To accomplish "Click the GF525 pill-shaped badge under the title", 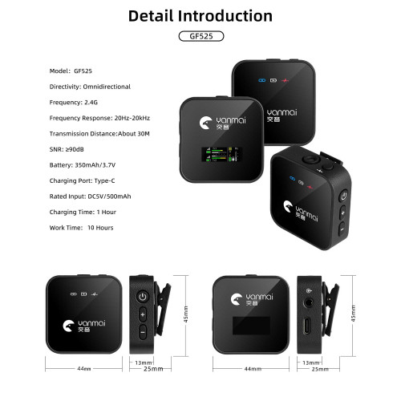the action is coord(201,36).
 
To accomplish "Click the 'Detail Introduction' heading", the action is coord(200,16).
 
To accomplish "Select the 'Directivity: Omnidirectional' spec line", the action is coord(90,87).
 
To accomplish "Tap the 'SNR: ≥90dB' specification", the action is coord(67,149).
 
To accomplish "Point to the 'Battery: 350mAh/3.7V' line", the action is coord(83,165).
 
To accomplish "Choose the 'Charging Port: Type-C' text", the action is coord(82,180).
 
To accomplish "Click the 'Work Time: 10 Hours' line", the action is coord(81,228).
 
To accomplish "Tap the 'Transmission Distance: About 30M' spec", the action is coord(99,134).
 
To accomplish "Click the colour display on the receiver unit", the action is coord(221,155).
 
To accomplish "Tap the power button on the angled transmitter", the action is coord(343,196).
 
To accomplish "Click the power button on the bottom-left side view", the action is coord(143,297).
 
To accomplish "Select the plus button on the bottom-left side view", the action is coord(143,314).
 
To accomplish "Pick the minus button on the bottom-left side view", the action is coord(143,332).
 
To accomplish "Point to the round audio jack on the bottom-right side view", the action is coord(309,303).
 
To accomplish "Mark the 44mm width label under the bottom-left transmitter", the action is coord(84,369).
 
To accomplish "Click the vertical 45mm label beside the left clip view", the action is coord(185,314).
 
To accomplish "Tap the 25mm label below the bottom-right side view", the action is coord(320,369).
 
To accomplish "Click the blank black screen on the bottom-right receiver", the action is coord(251,326).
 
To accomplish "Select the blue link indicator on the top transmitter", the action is coord(262,80).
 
